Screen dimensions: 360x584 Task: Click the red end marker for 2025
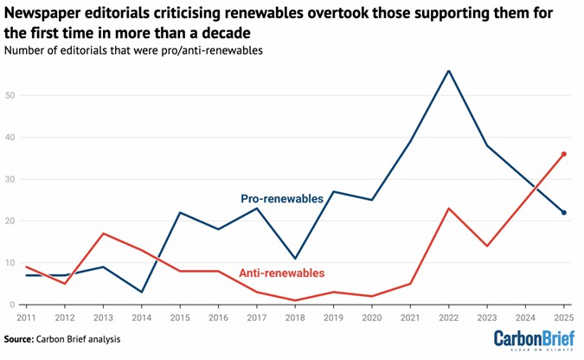(x=563, y=154)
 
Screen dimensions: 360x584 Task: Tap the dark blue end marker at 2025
(x=563, y=213)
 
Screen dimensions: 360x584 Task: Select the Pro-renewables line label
(x=282, y=198)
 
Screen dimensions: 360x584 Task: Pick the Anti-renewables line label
(x=282, y=273)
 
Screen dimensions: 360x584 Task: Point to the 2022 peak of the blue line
(x=448, y=70)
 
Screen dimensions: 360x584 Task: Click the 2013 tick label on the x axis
(x=103, y=318)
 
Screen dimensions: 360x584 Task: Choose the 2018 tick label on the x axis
(x=295, y=318)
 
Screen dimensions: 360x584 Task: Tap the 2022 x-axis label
(x=448, y=318)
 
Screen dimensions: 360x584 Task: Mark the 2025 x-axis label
(x=563, y=318)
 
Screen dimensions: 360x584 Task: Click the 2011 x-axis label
(x=26, y=318)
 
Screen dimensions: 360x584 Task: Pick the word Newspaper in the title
(x=42, y=14)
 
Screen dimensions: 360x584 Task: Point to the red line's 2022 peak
(x=448, y=209)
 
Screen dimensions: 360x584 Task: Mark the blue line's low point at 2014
(x=141, y=292)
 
